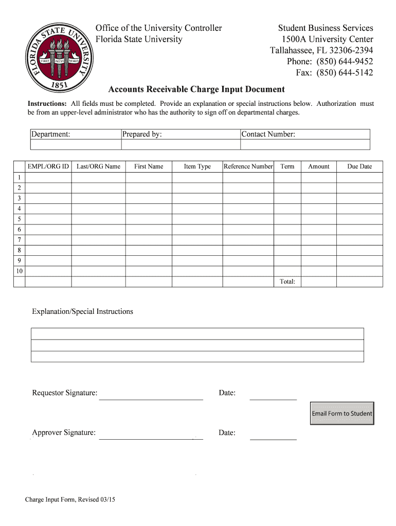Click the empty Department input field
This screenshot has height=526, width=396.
(75, 145)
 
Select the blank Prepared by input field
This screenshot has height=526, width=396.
(180, 145)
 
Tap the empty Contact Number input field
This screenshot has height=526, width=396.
(305, 145)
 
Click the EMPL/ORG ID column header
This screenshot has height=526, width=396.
(48, 166)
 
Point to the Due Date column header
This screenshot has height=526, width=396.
(359, 166)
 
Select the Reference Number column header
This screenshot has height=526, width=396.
(248, 166)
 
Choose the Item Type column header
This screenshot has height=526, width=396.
(197, 166)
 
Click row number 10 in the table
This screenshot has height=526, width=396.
(19, 271)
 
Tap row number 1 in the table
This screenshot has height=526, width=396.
(19, 177)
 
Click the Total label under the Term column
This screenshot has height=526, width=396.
(287, 281)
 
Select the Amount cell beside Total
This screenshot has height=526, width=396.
(318, 281)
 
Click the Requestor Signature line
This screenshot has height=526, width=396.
(151, 394)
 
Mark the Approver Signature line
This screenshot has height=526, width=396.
(151, 435)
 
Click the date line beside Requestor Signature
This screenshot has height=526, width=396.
(273, 394)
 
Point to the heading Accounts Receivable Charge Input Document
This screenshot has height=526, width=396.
(196, 89)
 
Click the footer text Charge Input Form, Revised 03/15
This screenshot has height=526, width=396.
(70, 499)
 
